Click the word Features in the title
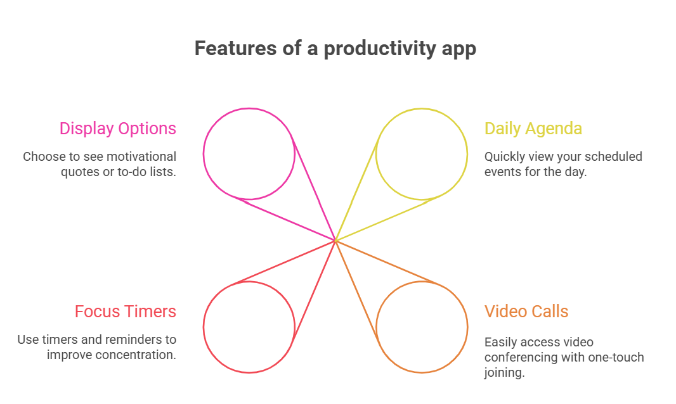click(235, 48)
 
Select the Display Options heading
click(118, 129)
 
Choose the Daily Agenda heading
click(533, 129)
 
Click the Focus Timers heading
click(126, 312)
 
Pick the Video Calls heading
click(526, 312)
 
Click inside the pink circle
click(249, 154)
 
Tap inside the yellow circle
click(422, 154)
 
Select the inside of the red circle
click(249, 327)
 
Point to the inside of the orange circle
click(422, 327)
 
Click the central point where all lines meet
click(335, 241)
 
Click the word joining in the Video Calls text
click(504, 373)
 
